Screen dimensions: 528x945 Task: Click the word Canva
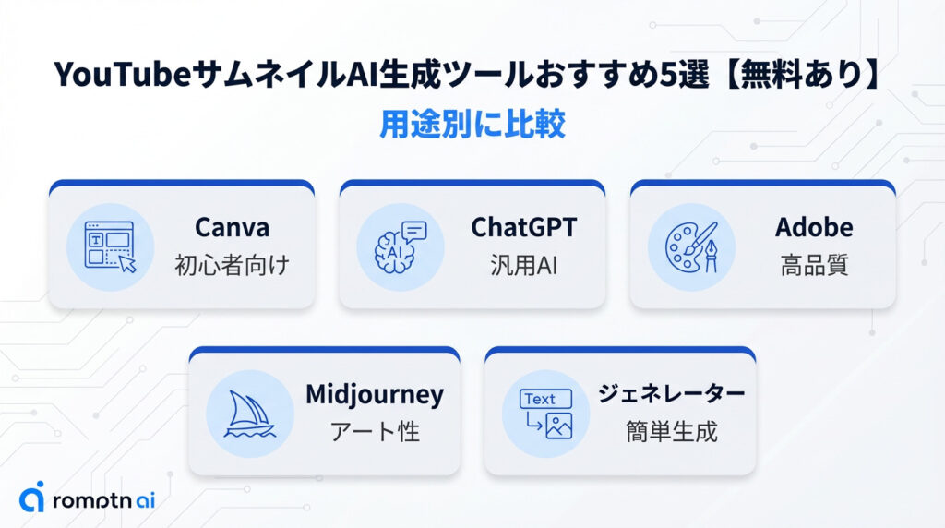[232, 227]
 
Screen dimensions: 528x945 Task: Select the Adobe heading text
[814, 227]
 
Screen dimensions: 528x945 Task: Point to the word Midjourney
[375, 395]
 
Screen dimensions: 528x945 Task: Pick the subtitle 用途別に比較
[472, 125]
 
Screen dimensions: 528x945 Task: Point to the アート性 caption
[375, 431]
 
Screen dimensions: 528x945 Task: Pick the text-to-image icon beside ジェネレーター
[546, 414]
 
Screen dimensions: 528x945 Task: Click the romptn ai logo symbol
[31, 498]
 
